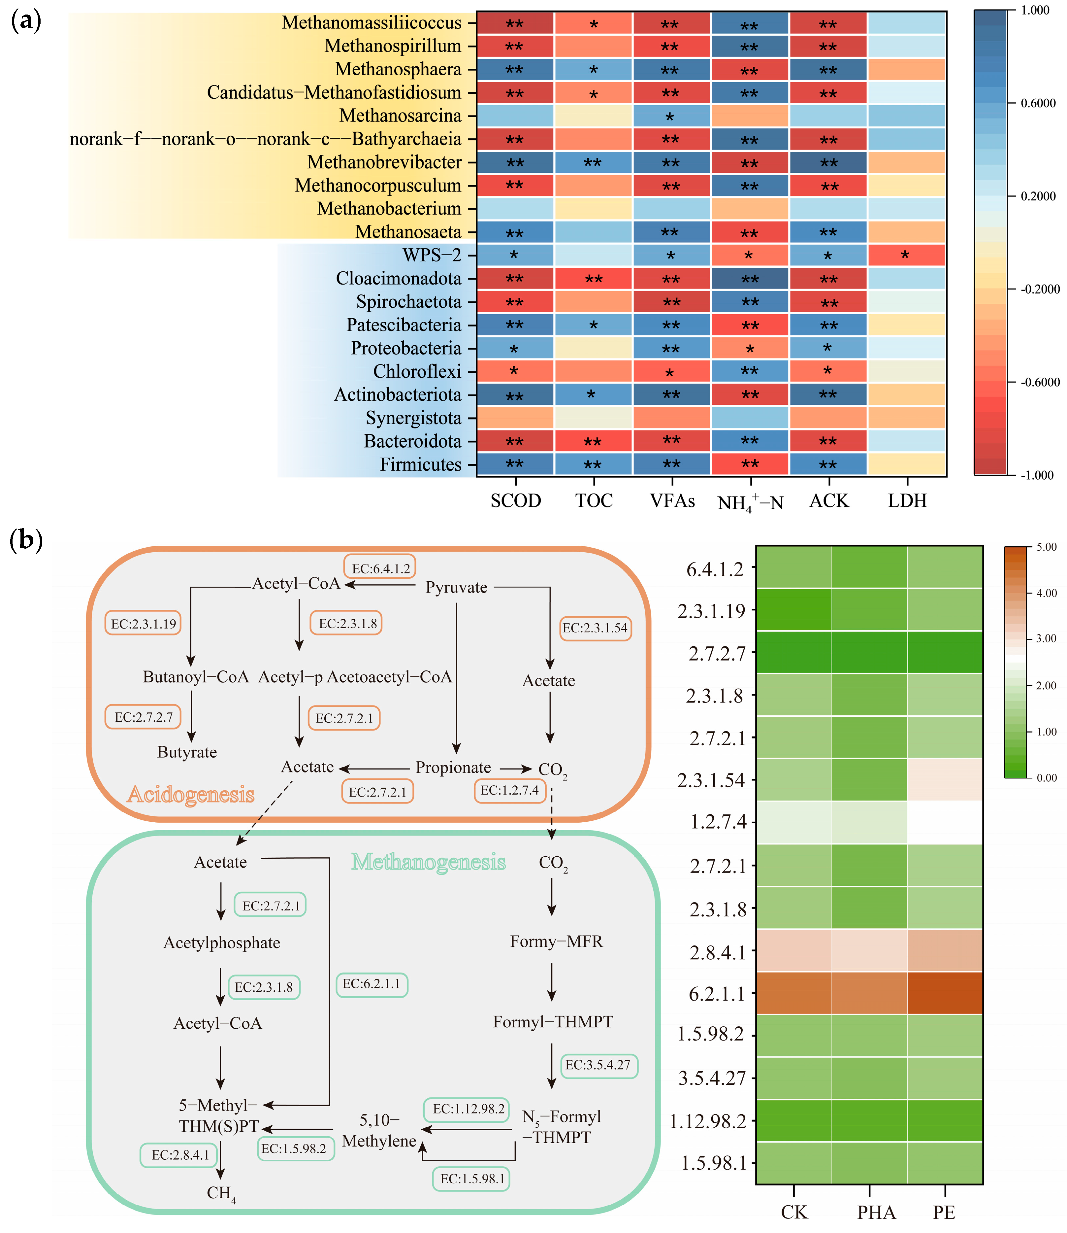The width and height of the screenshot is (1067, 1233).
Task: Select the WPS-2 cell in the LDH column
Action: click(x=906, y=255)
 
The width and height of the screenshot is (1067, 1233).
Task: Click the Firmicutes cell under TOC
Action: click(x=593, y=464)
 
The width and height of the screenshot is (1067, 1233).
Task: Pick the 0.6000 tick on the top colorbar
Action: click(x=1038, y=103)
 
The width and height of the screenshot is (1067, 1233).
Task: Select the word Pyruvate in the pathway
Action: click(x=456, y=587)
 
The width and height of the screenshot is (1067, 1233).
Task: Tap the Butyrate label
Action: click(x=187, y=752)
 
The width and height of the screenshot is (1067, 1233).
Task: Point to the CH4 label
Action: click(x=221, y=1193)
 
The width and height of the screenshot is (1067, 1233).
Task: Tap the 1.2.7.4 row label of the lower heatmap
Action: click(x=718, y=822)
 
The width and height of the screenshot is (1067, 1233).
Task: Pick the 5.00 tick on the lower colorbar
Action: click(x=1046, y=547)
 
